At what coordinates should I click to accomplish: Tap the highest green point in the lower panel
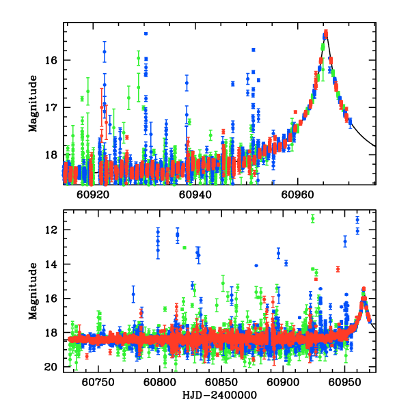tap(312, 219)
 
